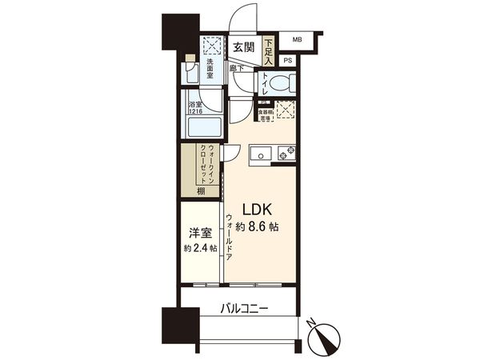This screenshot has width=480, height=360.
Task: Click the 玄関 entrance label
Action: click(x=243, y=48)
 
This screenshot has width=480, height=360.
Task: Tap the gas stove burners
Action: click(x=286, y=152)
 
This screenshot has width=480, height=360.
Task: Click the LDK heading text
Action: click(x=258, y=210)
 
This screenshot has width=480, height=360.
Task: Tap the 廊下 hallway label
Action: click(x=238, y=70)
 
